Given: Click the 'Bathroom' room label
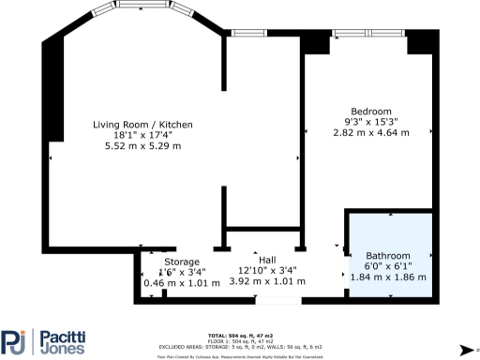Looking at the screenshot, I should pyautogui.click(x=387, y=256).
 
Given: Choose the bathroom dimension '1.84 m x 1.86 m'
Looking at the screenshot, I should pyautogui.click(x=387, y=278).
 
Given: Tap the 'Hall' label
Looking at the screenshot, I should pyautogui.click(x=267, y=261).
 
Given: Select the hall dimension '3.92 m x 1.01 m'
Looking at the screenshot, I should pyautogui.click(x=267, y=282).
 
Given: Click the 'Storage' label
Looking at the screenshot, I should pyautogui.click(x=182, y=262).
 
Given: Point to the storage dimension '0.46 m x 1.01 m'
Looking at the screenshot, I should pyautogui.click(x=181, y=282).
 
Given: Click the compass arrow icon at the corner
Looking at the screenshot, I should pyautogui.click(x=464, y=349).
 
